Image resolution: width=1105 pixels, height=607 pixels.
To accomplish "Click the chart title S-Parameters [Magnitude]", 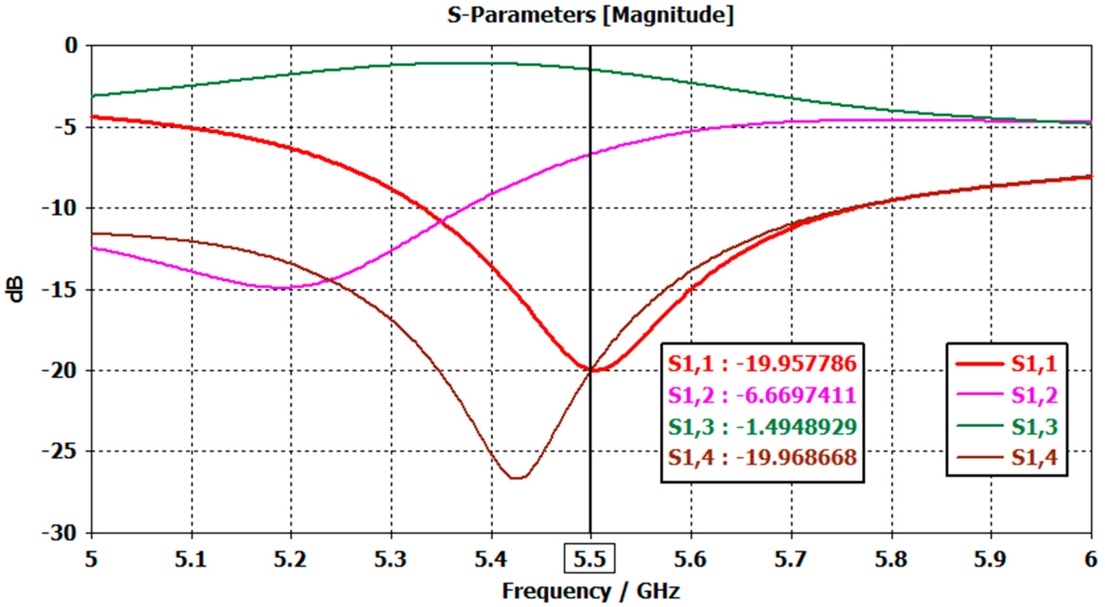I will point(590,15).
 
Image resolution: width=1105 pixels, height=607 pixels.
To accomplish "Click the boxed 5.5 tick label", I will point(589,558).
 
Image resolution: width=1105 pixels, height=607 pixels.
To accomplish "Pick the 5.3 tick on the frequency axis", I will point(390,559).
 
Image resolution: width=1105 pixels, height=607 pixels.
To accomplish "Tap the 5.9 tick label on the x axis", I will point(991,559).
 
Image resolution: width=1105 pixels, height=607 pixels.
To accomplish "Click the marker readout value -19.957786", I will point(796,364).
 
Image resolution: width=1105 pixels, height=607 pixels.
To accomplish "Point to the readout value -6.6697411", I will point(796,395).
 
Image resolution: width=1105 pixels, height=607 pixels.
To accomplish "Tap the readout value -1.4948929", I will point(796,426).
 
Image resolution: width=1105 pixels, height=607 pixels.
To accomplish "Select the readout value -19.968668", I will point(796,458).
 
